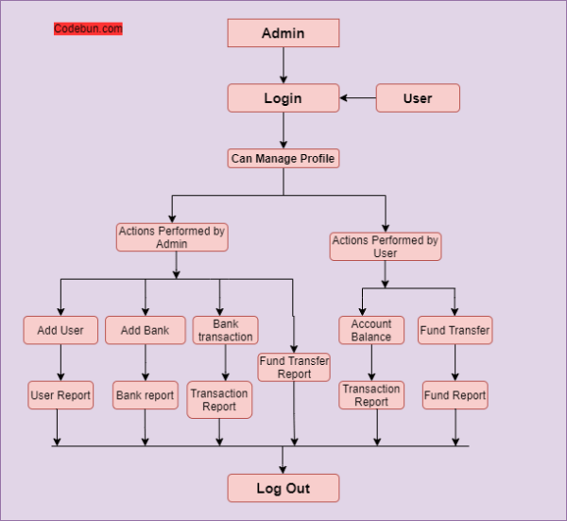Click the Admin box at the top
(x=283, y=33)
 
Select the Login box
(x=283, y=98)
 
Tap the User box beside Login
(x=418, y=98)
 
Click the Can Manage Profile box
(x=283, y=159)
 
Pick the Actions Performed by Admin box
(x=172, y=236)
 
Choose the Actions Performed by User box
(x=385, y=247)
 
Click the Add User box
(x=60, y=330)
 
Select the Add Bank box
(x=145, y=330)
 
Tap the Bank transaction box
(x=225, y=330)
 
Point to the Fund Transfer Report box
(x=294, y=367)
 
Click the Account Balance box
(x=371, y=330)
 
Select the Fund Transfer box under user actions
(x=455, y=330)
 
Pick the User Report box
(x=60, y=395)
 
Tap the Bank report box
(x=145, y=395)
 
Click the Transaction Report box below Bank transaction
(x=219, y=400)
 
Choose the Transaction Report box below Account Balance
(x=371, y=395)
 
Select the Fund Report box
(x=455, y=395)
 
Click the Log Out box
(x=283, y=488)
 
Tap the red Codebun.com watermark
(x=88, y=29)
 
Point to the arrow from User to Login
(x=358, y=98)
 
